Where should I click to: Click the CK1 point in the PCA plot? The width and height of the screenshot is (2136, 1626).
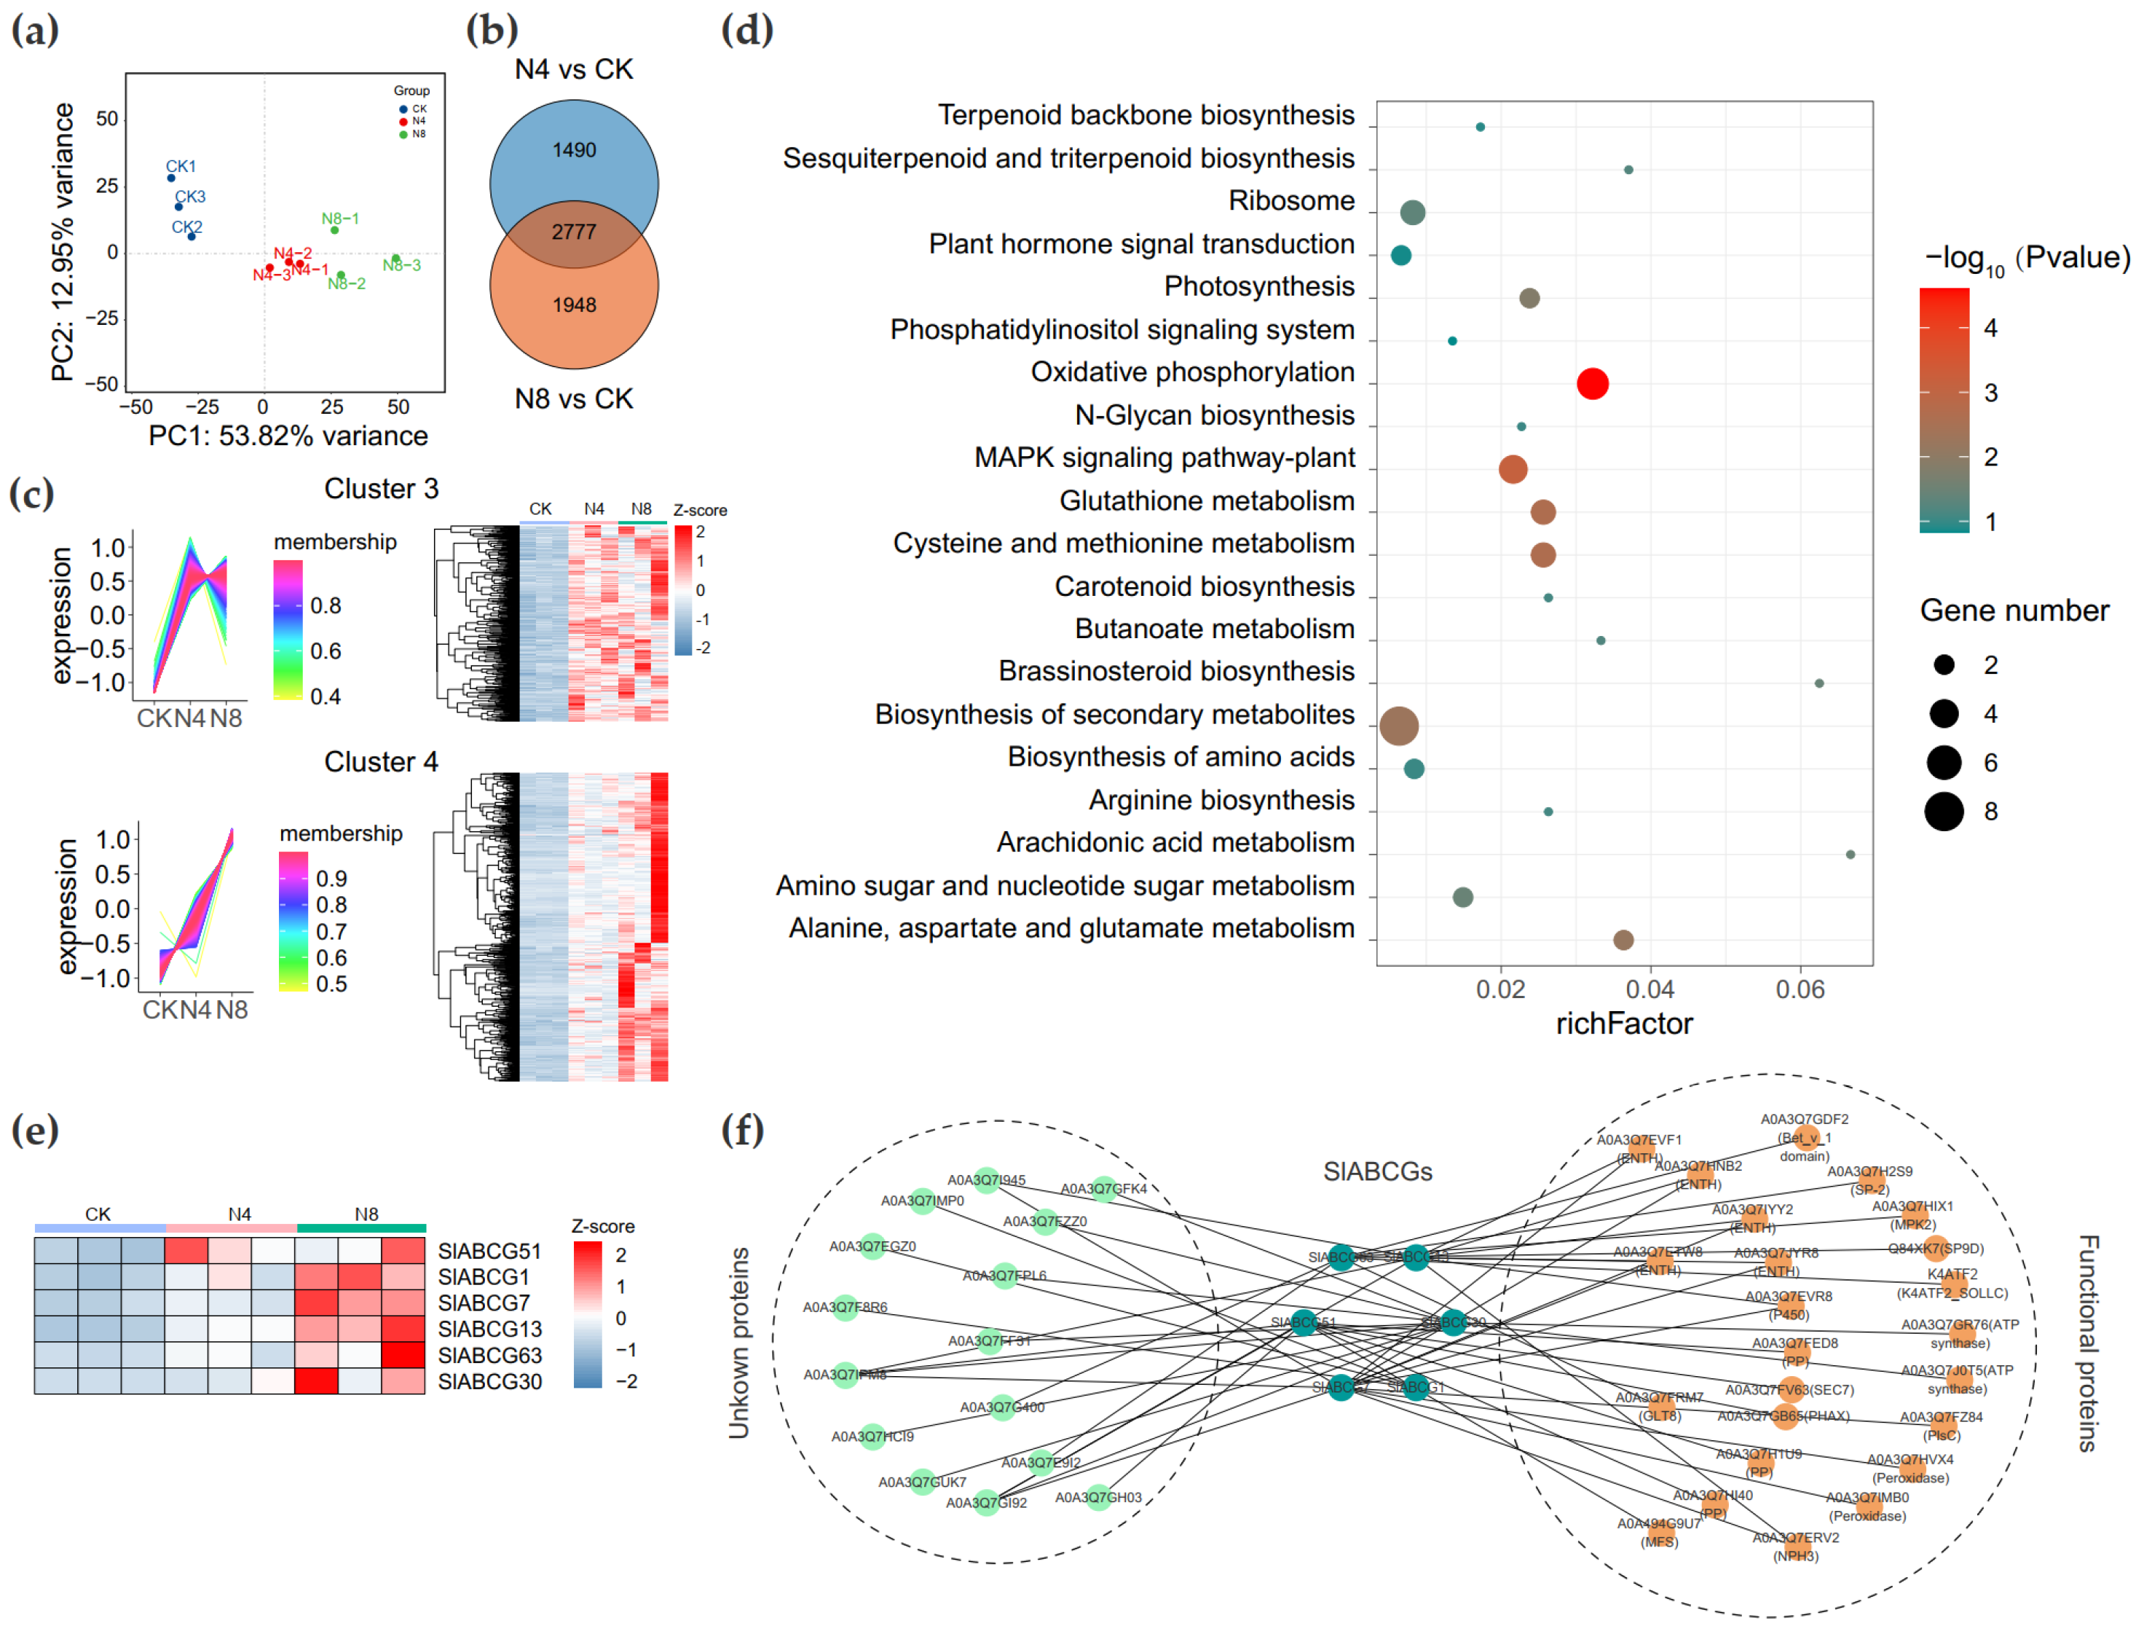171,178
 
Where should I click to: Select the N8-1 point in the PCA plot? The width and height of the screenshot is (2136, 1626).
335,230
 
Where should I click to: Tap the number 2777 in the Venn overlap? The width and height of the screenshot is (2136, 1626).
574,232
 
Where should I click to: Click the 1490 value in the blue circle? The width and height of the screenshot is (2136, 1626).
574,150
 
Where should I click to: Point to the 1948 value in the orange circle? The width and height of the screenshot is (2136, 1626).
574,305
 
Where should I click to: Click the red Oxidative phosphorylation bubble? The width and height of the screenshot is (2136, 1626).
1591,383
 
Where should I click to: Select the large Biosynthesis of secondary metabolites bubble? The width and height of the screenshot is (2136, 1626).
1399,725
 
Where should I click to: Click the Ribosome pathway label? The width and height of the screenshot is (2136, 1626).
1290,201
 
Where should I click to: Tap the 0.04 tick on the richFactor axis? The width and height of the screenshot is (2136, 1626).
1650,989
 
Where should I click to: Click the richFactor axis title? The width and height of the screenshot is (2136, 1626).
1623,1024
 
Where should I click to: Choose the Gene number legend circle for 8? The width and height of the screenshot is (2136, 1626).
1944,811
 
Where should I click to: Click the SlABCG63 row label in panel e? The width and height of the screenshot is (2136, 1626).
489,1355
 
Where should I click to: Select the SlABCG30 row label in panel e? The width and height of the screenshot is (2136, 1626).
489,1381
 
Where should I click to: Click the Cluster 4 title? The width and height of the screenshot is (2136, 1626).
380,762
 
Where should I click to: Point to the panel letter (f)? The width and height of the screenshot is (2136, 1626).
742,1129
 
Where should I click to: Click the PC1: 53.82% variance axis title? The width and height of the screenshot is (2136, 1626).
288,436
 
